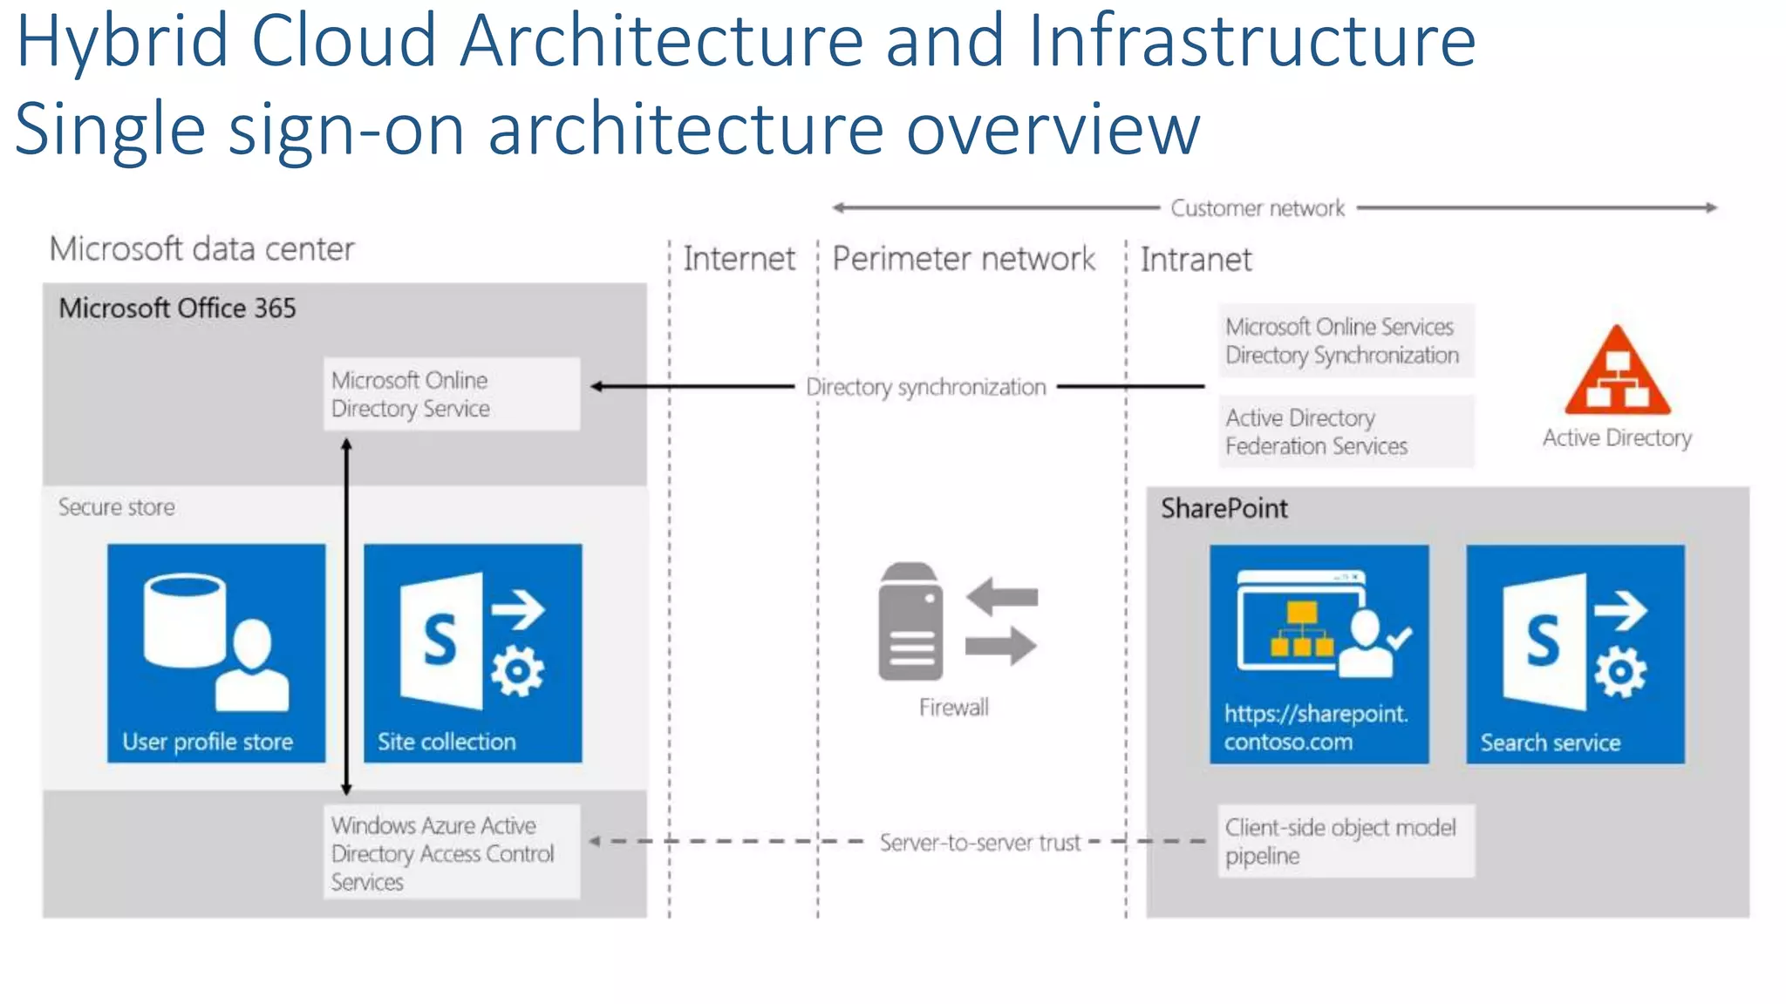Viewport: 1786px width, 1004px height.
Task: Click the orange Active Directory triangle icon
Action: [1617, 373]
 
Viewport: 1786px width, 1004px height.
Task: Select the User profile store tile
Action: [216, 653]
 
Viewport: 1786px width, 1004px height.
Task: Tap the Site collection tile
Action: [473, 653]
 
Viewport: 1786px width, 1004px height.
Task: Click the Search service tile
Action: [1575, 654]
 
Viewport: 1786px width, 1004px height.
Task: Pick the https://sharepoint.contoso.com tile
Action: [1319, 654]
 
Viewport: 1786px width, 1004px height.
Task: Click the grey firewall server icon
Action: [910, 621]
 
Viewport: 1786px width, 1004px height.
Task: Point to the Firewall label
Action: [953, 707]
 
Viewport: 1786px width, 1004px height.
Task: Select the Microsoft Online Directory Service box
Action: [451, 394]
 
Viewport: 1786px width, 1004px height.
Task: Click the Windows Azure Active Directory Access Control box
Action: [451, 852]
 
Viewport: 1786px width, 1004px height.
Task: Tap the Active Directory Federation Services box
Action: [1346, 431]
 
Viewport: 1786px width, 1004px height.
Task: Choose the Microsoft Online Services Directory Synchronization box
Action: [1346, 341]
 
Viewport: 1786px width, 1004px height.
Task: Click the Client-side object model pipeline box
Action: [1346, 841]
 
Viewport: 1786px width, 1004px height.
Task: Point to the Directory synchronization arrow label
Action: [925, 387]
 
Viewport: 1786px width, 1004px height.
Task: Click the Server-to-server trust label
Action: [979, 843]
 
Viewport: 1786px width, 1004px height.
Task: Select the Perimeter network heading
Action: [963, 259]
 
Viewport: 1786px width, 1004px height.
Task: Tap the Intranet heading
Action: [1196, 260]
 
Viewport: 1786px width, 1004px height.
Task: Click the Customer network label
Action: [1257, 208]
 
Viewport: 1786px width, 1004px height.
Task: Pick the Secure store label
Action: [116, 507]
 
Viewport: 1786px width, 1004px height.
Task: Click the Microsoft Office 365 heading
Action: [177, 309]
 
